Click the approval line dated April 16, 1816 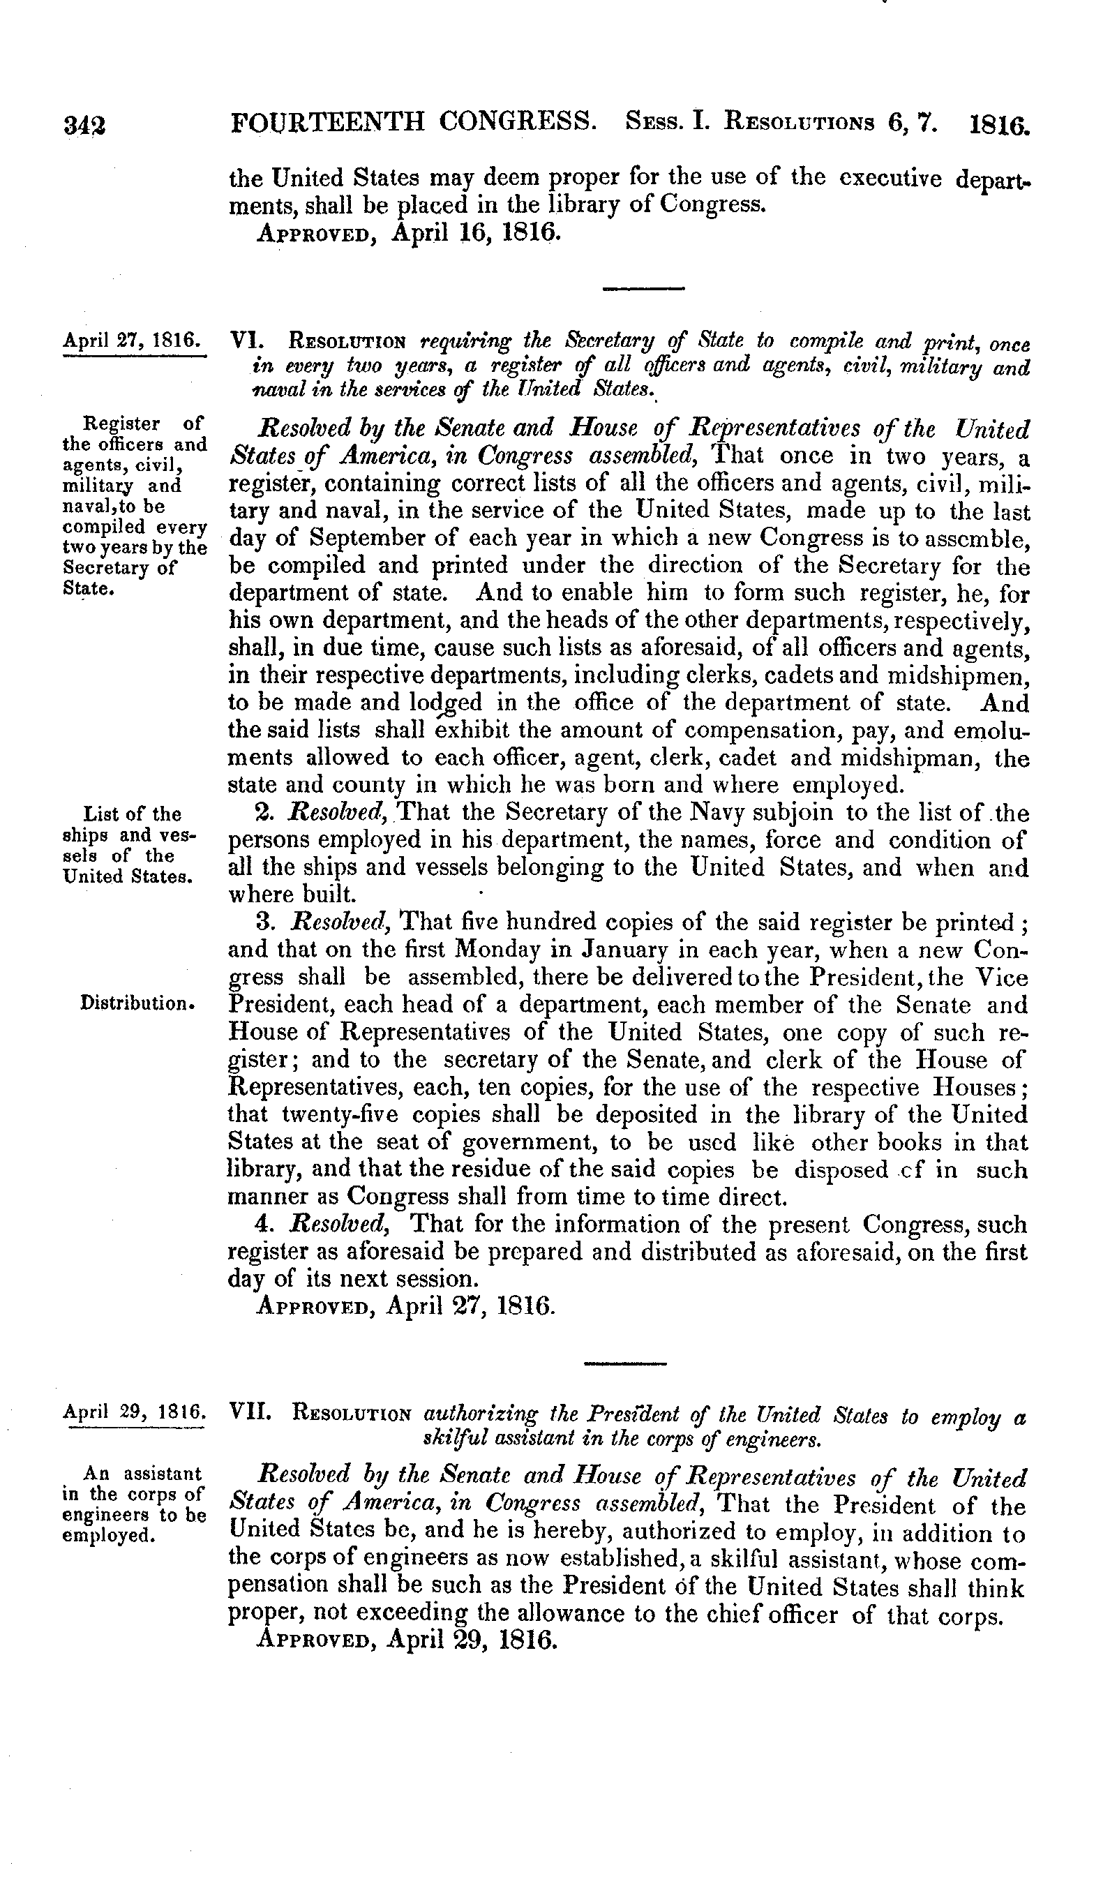[x=407, y=232]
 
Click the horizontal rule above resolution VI [x=643, y=288]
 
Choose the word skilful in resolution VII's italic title [x=451, y=1437]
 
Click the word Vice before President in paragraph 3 [x=1000, y=978]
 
